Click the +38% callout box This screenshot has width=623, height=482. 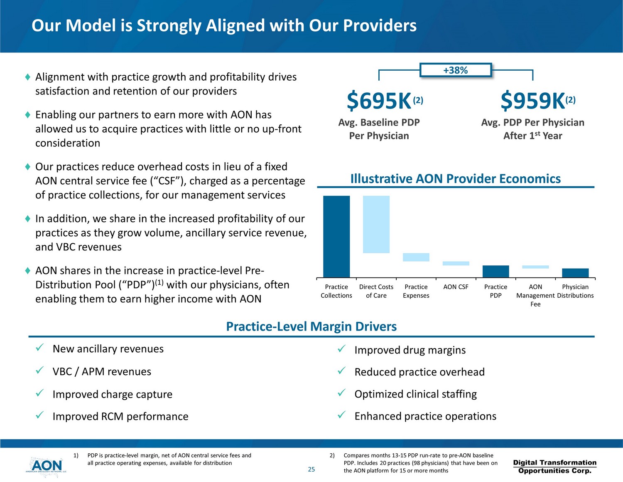click(455, 70)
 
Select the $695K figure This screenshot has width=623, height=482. click(379, 101)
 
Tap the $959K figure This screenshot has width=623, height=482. click(533, 101)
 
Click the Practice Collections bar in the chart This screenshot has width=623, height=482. click(336, 236)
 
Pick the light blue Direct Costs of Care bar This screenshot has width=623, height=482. click(376, 224)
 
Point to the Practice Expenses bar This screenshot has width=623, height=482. click(416, 257)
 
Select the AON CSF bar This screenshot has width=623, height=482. click(456, 263)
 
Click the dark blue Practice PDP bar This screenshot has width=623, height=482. click(495, 271)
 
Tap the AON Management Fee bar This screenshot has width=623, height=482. click(535, 267)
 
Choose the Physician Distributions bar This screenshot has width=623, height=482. click(575, 273)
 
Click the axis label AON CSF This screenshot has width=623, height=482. click(456, 287)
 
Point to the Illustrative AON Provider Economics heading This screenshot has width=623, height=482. click(456, 179)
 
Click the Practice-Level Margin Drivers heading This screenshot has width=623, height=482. click(311, 326)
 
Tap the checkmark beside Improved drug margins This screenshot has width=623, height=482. click(341, 349)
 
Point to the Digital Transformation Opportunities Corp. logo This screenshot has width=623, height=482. click(554, 467)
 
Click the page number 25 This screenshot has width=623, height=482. click(311, 470)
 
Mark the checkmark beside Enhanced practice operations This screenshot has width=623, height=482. click(341, 415)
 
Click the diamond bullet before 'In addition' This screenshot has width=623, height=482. click(27, 218)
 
